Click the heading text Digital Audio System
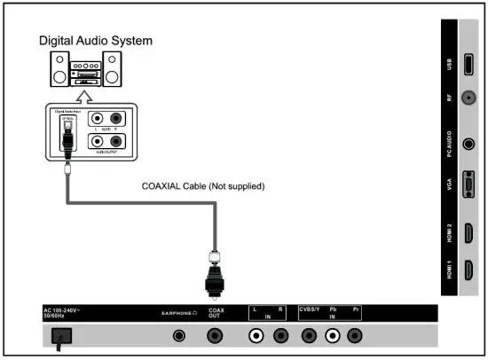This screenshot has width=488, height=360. point(94,41)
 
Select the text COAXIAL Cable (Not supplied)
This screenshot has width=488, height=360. point(203,186)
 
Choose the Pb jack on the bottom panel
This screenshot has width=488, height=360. point(333,336)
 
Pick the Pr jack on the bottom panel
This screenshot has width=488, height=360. point(356,336)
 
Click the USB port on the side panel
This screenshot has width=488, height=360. point(468,66)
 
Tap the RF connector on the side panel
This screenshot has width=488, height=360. point(468,100)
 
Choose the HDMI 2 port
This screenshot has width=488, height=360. point(468,233)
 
